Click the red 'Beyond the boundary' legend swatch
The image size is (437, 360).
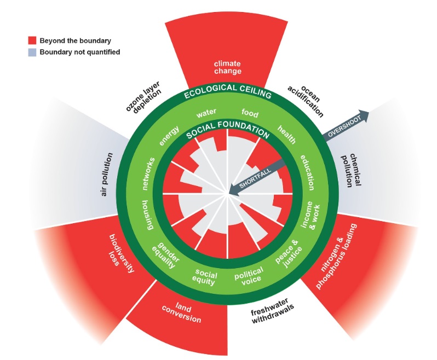point(32,40)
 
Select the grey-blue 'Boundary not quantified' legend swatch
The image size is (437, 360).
point(32,52)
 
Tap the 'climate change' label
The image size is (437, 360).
point(227,67)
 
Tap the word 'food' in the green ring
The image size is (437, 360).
point(250,113)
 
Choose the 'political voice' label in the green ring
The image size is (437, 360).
point(249,275)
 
